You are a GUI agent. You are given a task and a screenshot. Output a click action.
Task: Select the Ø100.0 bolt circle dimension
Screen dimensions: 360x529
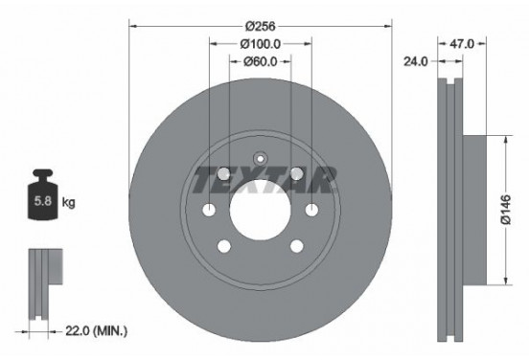259,43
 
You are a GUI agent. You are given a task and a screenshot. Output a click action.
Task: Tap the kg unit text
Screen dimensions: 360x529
70,202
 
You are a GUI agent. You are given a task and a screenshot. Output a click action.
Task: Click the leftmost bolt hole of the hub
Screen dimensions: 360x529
207,211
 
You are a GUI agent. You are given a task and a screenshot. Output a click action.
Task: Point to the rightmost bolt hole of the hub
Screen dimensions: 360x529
310,211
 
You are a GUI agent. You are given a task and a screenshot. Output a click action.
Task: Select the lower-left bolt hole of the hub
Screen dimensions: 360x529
222,247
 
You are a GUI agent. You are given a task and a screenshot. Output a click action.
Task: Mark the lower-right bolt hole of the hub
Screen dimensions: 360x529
295,247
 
